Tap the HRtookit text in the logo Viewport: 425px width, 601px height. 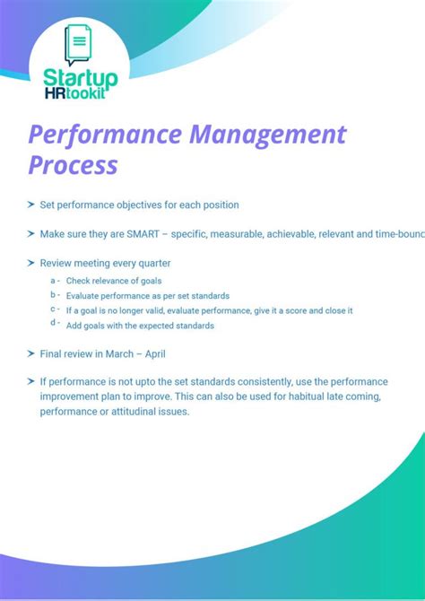pos(80,92)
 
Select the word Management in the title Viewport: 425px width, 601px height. pos(266,135)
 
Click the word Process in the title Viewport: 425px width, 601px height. pos(73,165)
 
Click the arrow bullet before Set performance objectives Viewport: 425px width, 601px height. pos(31,205)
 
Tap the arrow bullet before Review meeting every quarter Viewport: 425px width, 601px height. pos(31,264)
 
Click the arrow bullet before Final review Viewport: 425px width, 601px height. pos(31,353)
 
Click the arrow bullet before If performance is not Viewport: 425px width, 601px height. pos(31,382)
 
